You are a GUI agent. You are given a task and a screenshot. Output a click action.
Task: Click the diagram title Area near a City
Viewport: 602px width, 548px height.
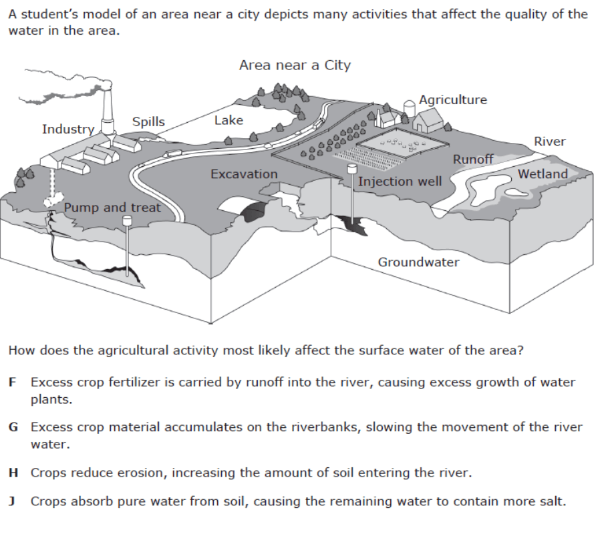coord(295,65)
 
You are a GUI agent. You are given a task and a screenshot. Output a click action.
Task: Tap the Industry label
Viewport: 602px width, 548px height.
coord(67,129)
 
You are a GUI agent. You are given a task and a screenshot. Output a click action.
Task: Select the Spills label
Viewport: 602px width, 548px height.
coord(148,121)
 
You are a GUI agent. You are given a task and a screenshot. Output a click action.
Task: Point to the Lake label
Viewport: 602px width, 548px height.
coord(229,120)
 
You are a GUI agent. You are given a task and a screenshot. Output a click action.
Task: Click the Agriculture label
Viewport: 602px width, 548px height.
coord(453,99)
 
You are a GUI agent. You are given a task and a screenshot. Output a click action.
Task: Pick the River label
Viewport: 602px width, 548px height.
coord(549,142)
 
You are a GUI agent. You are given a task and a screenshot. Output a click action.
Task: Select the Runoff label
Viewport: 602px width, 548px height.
coord(473,159)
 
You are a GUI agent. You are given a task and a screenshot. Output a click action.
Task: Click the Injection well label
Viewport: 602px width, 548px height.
coord(400,182)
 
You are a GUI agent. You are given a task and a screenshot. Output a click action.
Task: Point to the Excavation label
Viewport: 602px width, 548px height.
coord(244,174)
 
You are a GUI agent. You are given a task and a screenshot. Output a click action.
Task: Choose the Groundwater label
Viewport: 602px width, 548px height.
coord(418,262)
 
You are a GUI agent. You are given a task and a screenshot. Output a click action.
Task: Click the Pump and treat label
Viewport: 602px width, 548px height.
coord(112,208)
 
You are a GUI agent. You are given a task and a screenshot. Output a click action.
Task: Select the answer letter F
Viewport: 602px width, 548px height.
coord(13,383)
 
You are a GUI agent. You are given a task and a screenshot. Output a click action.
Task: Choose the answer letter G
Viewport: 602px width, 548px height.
coord(13,427)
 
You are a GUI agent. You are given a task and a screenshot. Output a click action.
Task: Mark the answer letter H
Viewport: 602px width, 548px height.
coord(13,473)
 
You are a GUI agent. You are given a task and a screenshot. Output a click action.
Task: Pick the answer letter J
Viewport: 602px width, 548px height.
coord(13,501)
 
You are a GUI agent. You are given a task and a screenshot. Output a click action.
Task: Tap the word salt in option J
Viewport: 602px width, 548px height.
coord(551,501)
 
